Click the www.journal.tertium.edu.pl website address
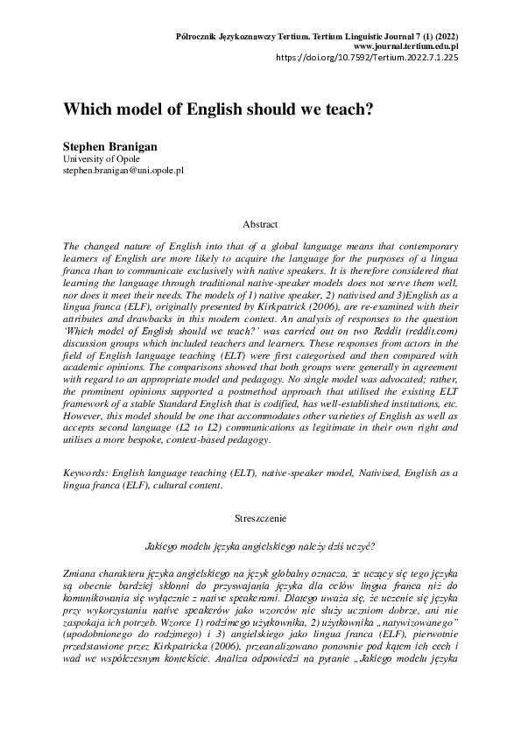pyautogui.click(x=406, y=46)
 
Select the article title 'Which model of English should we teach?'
pyautogui.click(x=218, y=111)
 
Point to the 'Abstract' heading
pyautogui.click(x=260, y=224)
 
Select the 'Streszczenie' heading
pyautogui.click(x=260, y=519)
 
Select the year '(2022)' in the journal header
pyautogui.click(x=446, y=35)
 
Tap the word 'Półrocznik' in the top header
pyautogui.click(x=199, y=35)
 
